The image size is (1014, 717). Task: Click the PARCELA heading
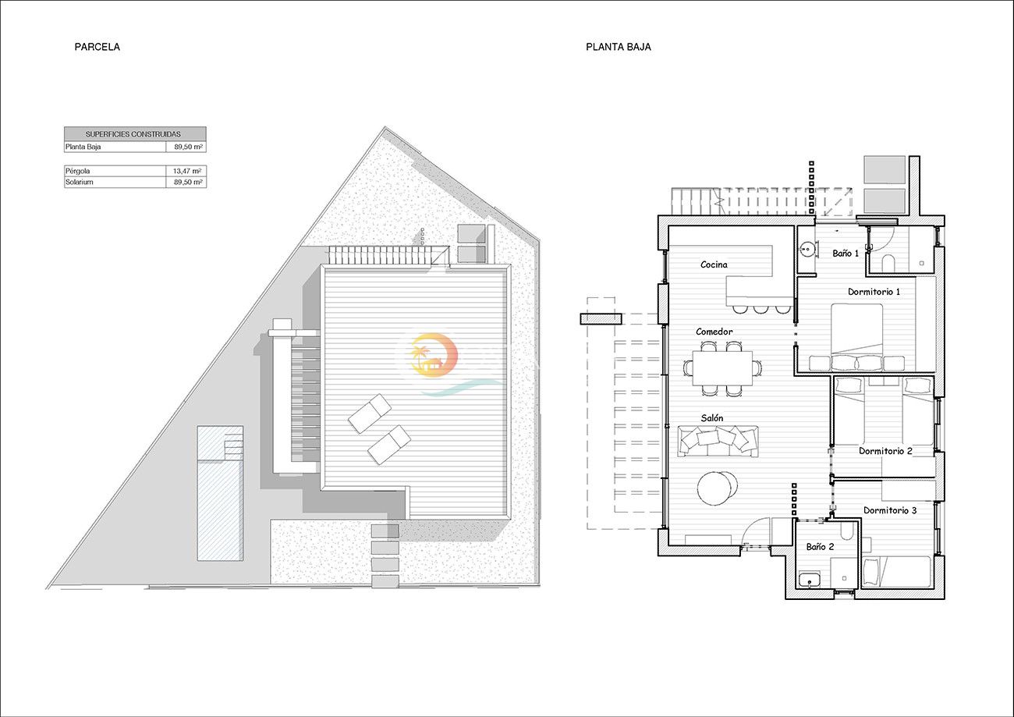pyautogui.click(x=97, y=47)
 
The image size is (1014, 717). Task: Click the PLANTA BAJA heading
pyautogui.click(x=619, y=47)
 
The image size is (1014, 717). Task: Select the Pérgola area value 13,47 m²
pyautogui.click(x=187, y=171)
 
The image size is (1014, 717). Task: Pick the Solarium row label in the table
pyautogui.click(x=80, y=182)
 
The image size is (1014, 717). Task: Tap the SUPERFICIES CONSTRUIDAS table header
pyautogui.click(x=133, y=134)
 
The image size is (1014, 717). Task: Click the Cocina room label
pyautogui.click(x=714, y=264)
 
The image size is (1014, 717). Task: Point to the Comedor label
pyautogui.click(x=714, y=332)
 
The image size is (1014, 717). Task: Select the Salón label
pyautogui.click(x=712, y=418)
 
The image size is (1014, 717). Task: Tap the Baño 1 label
pyautogui.click(x=846, y=254)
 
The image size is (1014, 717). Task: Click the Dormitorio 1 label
pyautogui.click(x=874, y=292)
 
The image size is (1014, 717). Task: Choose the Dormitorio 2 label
pyautogui.click(x=886, y=451)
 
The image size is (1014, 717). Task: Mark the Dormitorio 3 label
pyautogui.click(x=890, y=510)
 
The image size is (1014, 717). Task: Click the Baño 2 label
pyautogui.click(x=820, y=547)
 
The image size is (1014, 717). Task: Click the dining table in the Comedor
pyautogui.click(x=722, y=367)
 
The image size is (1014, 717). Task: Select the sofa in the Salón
pyautogui.click(x=718, y=442)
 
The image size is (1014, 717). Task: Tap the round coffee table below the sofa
pyautogui.click(x=717, y=488)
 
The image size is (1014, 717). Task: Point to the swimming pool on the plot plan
pyautogui.click(x=220, y=493)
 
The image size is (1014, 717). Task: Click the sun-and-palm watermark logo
pyautogui.click(x=434, y=355)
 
